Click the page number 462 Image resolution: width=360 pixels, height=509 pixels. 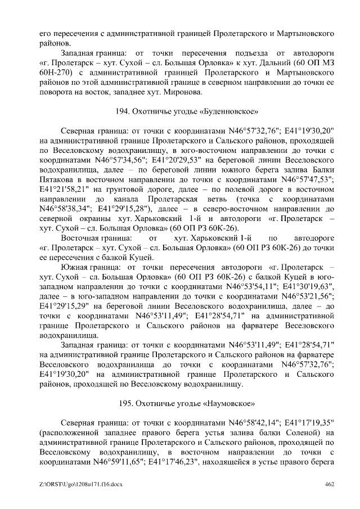pyautogui.click(x=330, y=484)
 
